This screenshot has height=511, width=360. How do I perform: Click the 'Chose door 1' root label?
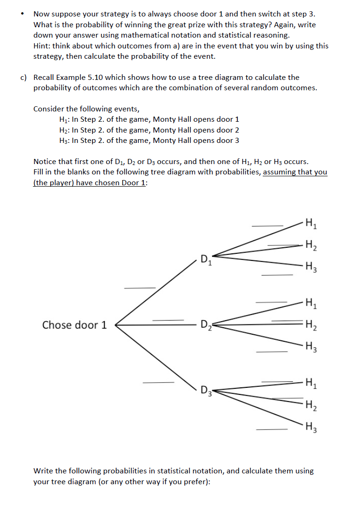pos(74,325)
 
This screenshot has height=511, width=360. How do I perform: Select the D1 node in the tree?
pos(206,259)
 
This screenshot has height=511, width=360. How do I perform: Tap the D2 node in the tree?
pos(205,325)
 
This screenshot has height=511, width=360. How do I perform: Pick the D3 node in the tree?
pos(206,391)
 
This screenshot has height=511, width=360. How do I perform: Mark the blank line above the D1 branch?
pos(140,288)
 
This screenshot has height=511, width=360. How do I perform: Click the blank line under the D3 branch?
pos(158,382)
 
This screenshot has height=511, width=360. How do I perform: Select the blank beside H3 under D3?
pos(271,429)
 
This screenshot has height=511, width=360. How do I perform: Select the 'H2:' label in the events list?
pos(61,130)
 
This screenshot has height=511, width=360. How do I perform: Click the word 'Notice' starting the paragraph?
pos(46,162)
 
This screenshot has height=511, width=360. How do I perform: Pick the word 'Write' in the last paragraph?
pos(44,471)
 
